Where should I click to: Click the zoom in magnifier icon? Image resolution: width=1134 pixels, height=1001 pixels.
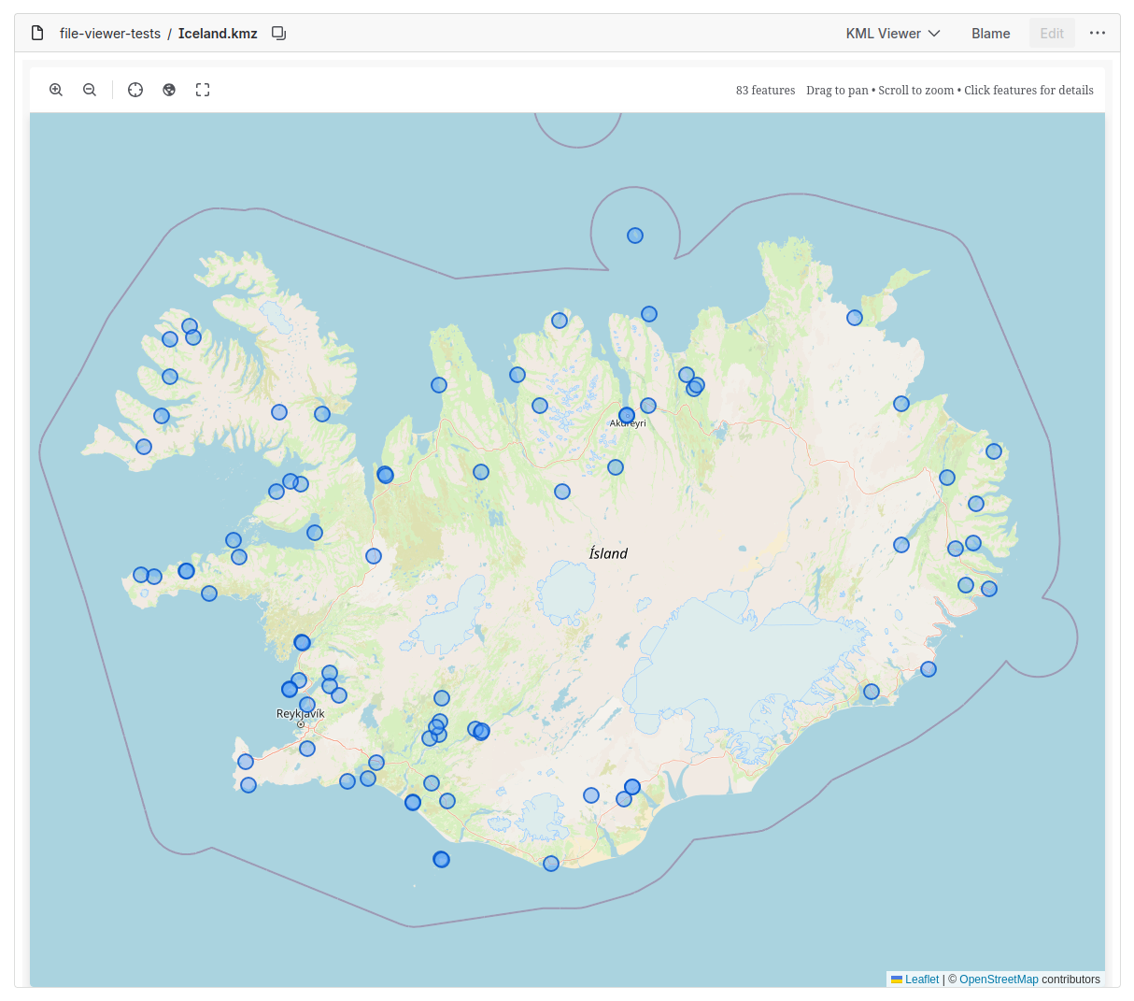[x=56, y=90]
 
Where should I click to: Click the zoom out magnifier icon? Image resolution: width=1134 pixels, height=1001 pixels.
[x=90, y=90]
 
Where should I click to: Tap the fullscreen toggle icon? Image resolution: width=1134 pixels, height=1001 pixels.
[x=203, y=90]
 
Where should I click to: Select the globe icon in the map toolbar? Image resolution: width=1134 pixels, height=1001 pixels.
[x=169, y=90]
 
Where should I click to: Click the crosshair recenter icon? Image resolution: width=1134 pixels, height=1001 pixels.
[x=135, y=90]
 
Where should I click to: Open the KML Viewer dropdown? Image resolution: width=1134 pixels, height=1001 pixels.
[x=892, y=34]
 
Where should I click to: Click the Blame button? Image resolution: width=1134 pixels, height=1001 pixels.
[x=990, y=34]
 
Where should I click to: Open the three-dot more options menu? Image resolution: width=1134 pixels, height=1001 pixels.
[x=1098, y=34]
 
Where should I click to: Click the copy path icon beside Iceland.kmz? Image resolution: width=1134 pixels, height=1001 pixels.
[x=278, y=34]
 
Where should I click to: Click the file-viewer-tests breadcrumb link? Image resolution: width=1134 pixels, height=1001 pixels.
[x=110, y=34]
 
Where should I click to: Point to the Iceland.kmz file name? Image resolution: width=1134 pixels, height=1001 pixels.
[x=218, y=34]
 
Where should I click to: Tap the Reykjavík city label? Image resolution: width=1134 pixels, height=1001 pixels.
[x=301, y=714]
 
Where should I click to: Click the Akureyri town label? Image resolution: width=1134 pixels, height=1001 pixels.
[x=628, y=423]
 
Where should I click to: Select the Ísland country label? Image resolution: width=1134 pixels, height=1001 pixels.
[x=608, y=553]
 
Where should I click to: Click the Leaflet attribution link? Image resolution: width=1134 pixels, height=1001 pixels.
[x=921, y=980]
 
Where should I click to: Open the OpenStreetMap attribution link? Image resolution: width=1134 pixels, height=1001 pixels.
[x=999, y=980]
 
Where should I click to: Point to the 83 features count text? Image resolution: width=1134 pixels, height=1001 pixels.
[x=765, y=91]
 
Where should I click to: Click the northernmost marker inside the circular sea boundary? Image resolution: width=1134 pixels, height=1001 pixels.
[x=635, y=236]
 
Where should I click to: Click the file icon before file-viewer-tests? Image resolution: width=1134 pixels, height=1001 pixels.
[x=37, y=34]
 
